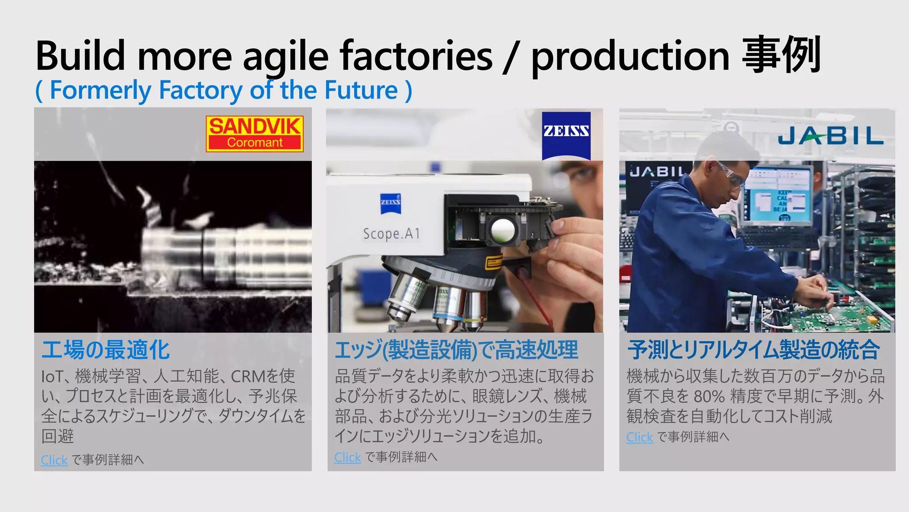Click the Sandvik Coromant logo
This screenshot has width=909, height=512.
tap(255, 134)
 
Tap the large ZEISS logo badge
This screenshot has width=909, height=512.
tap(566, 135)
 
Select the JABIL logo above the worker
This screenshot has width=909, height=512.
tap(830, 136)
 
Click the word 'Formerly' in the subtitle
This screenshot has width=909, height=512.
tap(101, 90)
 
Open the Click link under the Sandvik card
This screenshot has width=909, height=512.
tap(54, 460)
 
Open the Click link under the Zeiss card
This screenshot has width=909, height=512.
tap(348, 457)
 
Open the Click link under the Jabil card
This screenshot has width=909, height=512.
tap(639, 437)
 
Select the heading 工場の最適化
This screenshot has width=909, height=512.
tap(106, 350)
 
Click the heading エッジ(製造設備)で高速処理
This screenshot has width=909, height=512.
tap(456, 350)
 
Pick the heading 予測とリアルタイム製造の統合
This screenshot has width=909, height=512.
tap(753, 350)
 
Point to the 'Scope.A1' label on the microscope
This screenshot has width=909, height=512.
tap(391, 234)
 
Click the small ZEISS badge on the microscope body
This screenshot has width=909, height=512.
tap(391, 203)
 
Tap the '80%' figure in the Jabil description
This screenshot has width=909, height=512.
tap(709, 396)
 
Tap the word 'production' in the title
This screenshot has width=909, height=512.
tap(630, 56)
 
